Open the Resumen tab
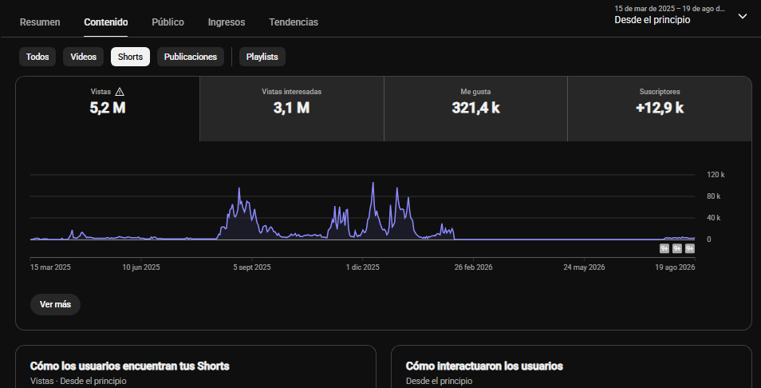(40, 22)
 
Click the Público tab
(168, 22)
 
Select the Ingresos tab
(227, 22)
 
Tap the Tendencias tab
(294, 22)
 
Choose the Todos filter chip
(37, 57)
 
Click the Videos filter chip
(84, 57)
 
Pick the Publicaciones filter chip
(190, 57)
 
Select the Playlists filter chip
(262, 57)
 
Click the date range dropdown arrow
(743, 16)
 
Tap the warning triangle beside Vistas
(120, 91)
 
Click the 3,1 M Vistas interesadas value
(291, 108)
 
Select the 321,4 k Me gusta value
(475, 108)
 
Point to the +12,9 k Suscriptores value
(660, 108)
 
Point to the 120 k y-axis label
(716, 175)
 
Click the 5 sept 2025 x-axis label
(252, 267)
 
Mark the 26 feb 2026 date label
(473, 267)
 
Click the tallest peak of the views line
(373, 183)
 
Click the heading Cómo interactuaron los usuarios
(484, 366)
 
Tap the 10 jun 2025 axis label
(140, 267)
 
